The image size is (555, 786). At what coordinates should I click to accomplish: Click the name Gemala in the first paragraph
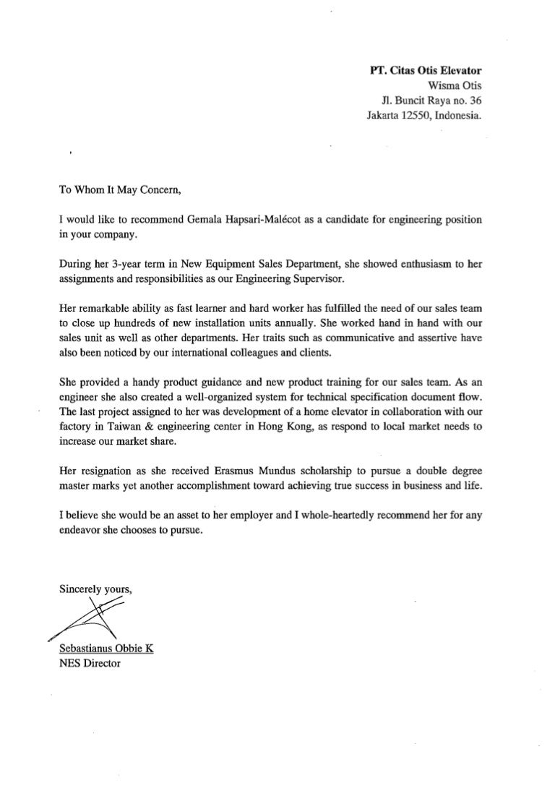coord(192,219)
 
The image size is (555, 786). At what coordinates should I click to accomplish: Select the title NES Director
coord(89,661)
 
